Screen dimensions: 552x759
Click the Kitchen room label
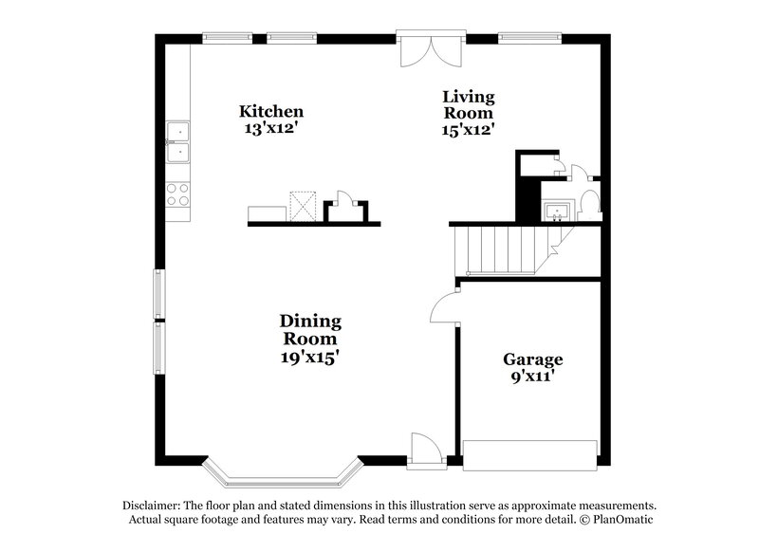tap(270, 111)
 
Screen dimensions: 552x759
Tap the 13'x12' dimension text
tap(271, 128)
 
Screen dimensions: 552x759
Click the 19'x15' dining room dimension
tap(309, 358)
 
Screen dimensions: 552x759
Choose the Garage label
tap(532, 359)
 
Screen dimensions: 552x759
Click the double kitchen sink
tap(177, 141)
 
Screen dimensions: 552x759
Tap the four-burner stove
tap(177, 194)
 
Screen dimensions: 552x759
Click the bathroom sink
tap(554, 209)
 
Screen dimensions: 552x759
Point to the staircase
tap(497, 248)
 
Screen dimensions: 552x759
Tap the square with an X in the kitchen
tap(302, 205)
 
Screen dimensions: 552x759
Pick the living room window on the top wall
tap(528, 39)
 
